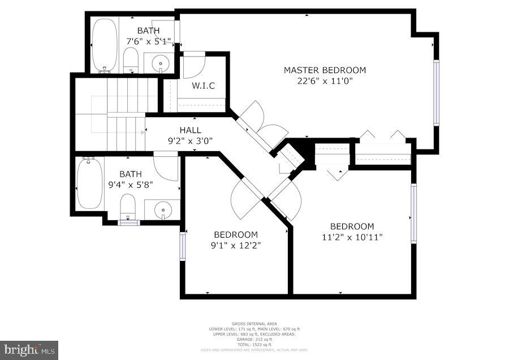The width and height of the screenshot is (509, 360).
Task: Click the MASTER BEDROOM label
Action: (x=325, y=70)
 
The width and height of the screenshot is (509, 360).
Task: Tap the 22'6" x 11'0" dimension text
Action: (x=325, y=81)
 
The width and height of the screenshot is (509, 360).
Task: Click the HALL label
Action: (x=190, y=130)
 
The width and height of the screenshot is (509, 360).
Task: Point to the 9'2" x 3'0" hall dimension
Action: (x=190, y=140)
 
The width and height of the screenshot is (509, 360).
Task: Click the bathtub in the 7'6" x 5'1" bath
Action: (x=105, y=45)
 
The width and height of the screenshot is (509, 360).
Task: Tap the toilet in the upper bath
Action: (x=131, y=59)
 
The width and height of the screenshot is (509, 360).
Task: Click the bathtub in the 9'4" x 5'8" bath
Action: (x=89, y=183)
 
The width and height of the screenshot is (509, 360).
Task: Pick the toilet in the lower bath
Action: (x=128, y=206)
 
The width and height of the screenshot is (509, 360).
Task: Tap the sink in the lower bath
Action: (x=162, y=209)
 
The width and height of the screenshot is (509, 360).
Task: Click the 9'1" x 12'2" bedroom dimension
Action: (x=236, y=245)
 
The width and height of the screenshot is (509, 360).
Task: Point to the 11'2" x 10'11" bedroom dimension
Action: (x=352, y=237)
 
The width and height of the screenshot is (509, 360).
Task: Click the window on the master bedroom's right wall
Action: (x=435, y=92)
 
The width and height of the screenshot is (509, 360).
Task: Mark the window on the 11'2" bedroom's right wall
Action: (x=413, y=213)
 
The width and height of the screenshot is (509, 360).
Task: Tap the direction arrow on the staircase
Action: (x=143, y=132)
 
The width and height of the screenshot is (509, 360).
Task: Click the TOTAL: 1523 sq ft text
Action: (x=254, y=345)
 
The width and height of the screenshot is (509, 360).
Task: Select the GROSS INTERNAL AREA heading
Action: (x=254, y=324)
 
